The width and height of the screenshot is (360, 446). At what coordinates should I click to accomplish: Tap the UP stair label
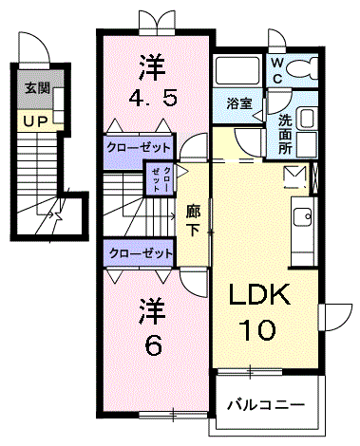pos(36,121)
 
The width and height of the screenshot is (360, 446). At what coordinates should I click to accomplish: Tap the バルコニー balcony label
pos(266,405)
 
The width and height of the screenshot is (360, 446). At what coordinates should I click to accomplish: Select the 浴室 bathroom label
pos(238,104)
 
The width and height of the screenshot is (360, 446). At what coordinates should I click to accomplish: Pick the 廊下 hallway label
pos(192,220)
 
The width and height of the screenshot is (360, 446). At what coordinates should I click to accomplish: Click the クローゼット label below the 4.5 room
pos(140,148)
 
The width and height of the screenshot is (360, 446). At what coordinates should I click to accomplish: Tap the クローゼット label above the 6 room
pos(140,253)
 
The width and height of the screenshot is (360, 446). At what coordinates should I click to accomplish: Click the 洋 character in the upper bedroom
pos(151,65)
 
